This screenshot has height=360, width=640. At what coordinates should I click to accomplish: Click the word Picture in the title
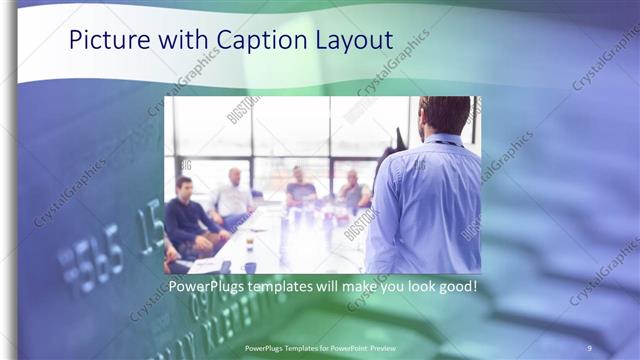pyautogui.click(x=104, y=40)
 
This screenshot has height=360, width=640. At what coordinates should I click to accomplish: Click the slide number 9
pyautogui.click(x=589, y=347)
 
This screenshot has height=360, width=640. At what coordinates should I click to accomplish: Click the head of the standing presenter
pyautogui.click(x=444, y=113)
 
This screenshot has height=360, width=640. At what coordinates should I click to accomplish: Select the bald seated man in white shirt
pyautogui.click(x=234, y=195)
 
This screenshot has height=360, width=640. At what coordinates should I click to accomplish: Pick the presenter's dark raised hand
pyautogui.click(x=398, y=140)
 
